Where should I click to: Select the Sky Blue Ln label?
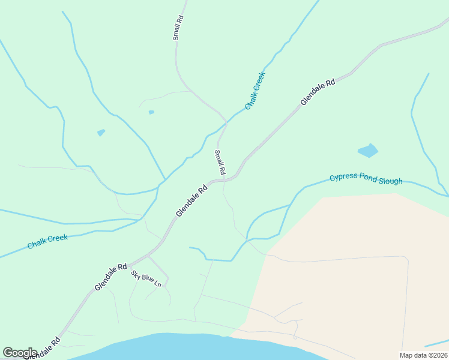pyautogui.click(x=146, y=278)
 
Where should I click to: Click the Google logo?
pyautogui.click(x=20, y=352)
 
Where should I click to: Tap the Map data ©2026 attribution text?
pyautogui.click(x=423, y=355)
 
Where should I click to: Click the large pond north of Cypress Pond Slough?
pyautogui.click(x=368, y=151)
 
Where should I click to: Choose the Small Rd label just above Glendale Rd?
pyautogui.click(x=220, y=162)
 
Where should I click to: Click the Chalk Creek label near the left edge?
pyautogui.click(x=47, y=241)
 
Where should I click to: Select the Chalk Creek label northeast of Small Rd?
pyautogui.click(x=255, y=90)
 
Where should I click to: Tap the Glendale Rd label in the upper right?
pyautogui.click(x=318, y=93)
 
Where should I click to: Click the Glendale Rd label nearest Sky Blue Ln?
pyautogui.click(x=110, y=277)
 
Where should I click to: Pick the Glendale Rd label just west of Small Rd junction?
pyautogui.click(x=191, y=200)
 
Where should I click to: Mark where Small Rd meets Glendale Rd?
pyautogui.click(x=224, y=179)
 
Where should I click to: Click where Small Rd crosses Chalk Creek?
pyautogui.click(x=226, y=122)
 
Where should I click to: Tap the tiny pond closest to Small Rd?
pyautogui.click(x=151, y=112)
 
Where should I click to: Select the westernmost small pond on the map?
pyautogui.click(x=101, y=133)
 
